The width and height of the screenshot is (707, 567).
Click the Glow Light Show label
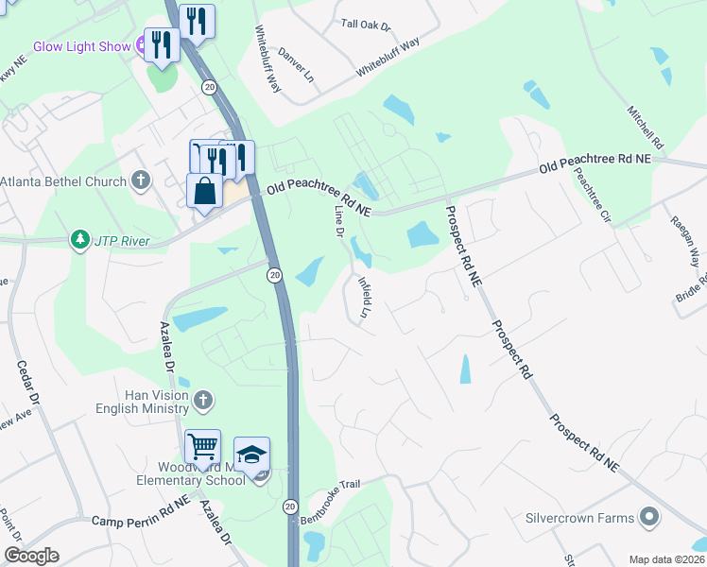pyautogui.click(x=81, y=45)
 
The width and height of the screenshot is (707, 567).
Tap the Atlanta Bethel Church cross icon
pyautogui.click(x=141, y=180)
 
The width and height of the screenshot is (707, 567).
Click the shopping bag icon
pyautogui.click(x=204, y=192)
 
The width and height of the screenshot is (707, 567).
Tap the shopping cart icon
pyautogui.click(x=202, y=446)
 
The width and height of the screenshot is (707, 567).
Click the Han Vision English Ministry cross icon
pyautogui.click(x=201, y=402)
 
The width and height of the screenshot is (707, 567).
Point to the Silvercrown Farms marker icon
pyautogui.click(x=648, y=517)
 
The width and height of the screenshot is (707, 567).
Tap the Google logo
pyautogui.click(x=31, y=556)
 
